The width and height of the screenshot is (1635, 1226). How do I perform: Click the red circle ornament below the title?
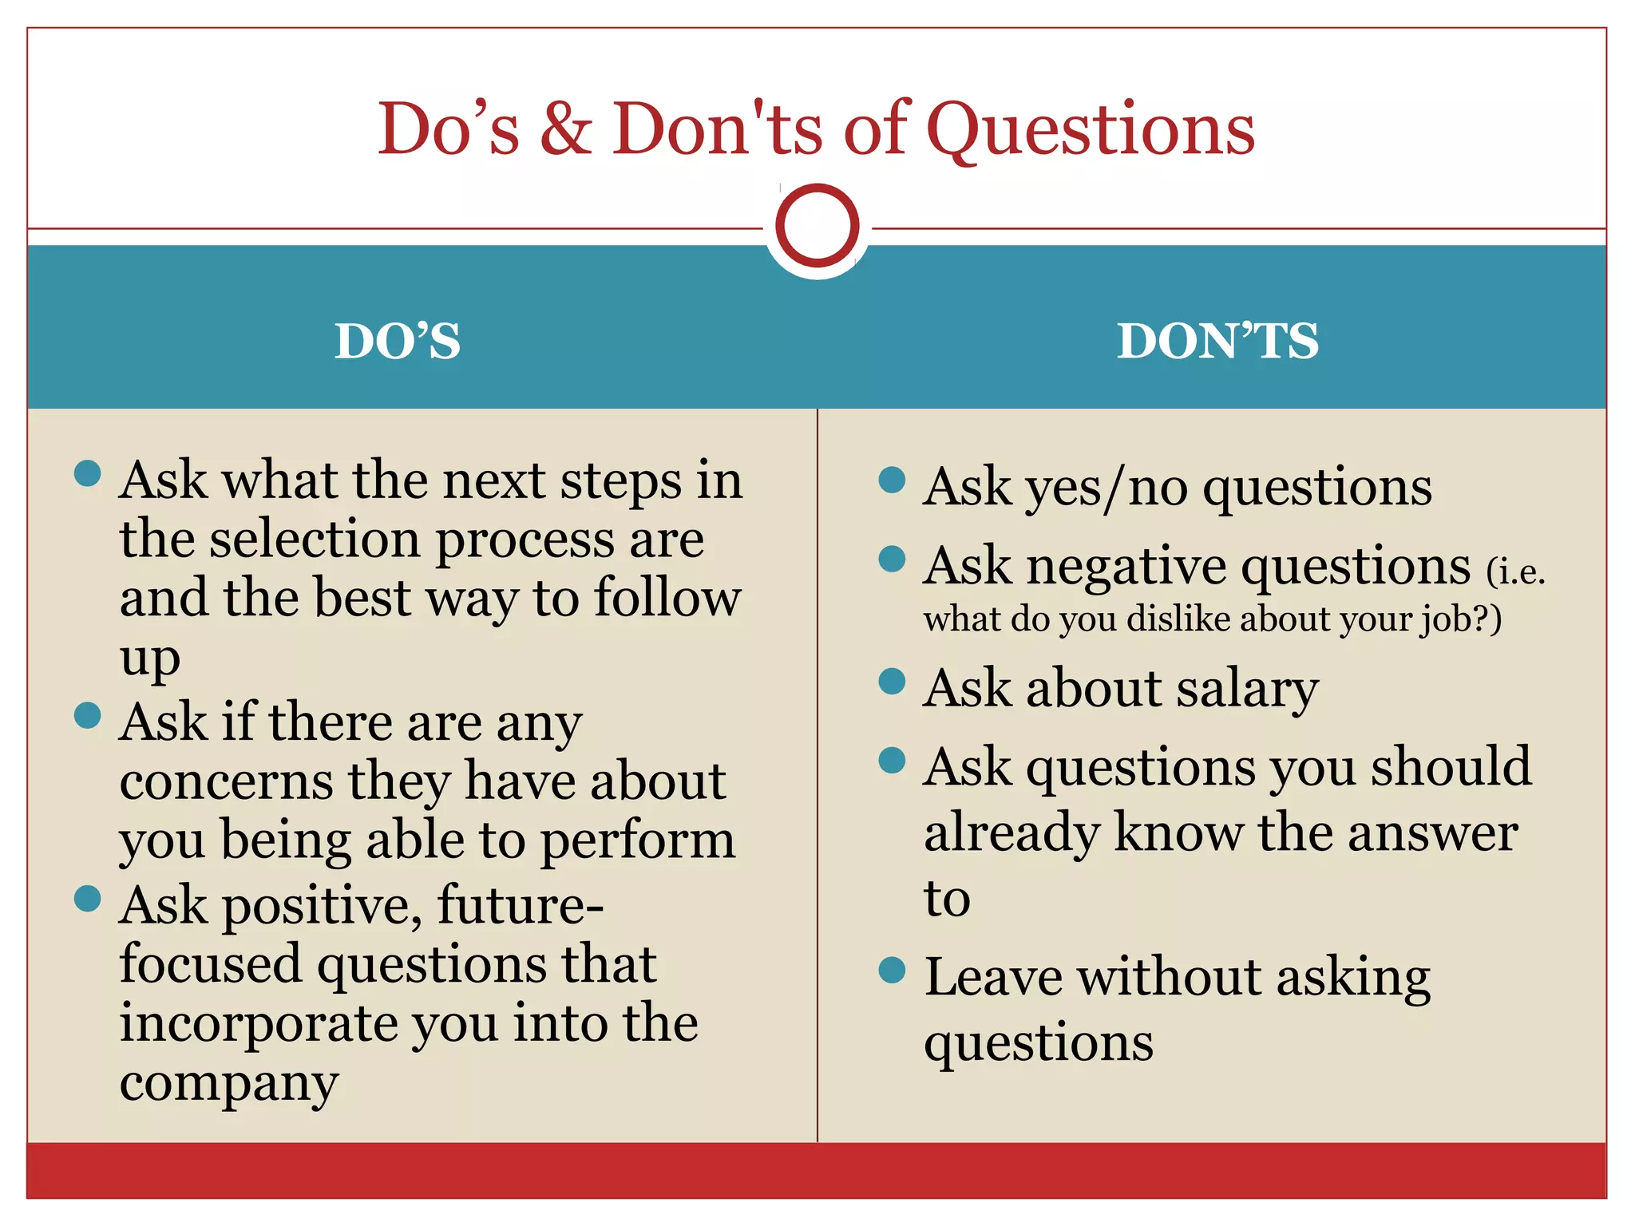click(817, 226)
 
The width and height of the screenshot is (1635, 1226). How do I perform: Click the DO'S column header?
click(397, 341)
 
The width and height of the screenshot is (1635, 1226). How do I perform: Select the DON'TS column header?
click(1217, 341)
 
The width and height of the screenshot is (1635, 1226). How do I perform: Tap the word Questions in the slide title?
click(1090, 129)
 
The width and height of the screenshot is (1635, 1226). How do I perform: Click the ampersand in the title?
click(565, 129)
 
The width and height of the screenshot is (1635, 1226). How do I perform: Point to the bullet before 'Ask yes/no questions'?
click(891, 480)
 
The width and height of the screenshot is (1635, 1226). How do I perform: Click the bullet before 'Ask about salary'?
click(891, 681)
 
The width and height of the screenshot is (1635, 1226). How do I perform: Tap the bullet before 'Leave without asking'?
click(891, 970)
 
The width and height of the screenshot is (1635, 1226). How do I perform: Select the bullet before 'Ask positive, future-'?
click(87, 898)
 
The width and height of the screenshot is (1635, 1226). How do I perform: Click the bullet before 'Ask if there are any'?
click(87, 714)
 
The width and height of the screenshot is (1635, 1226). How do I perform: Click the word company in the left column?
click(229, 1084)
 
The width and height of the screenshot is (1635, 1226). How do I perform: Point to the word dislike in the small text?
click(1178, 619)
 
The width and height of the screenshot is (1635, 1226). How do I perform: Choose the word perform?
click(637, 841)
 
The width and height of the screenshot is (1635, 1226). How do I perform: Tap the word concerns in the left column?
click(226, 782)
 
